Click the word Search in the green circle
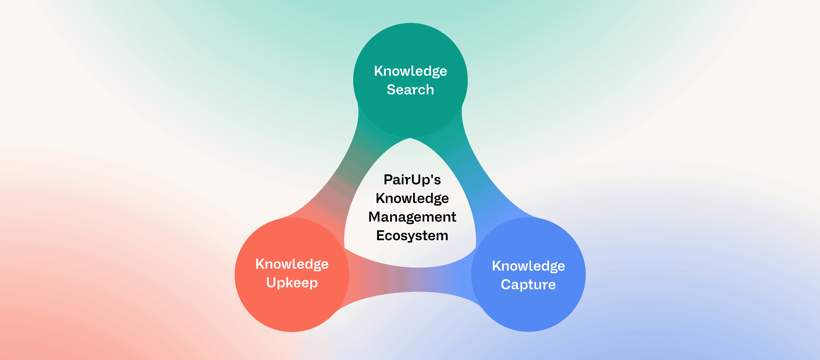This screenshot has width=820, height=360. [410, 90]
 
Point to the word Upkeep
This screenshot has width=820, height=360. [292, 283]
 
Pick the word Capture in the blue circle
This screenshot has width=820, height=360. [529, 285]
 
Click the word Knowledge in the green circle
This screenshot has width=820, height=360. [410, 71]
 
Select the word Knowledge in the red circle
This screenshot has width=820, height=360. [292, 264]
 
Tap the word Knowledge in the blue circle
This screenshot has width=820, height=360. [529, 266]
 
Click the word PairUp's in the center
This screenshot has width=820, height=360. [412, 180]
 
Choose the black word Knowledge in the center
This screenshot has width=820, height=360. [412, 198]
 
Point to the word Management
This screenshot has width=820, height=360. [412, 217]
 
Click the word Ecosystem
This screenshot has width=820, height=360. [412, 236]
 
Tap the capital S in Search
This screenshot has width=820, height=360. [390, 90]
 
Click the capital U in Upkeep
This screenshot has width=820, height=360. [271, 282]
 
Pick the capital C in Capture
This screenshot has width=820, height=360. [506, 285]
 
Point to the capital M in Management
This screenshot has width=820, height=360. [375, 217]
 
